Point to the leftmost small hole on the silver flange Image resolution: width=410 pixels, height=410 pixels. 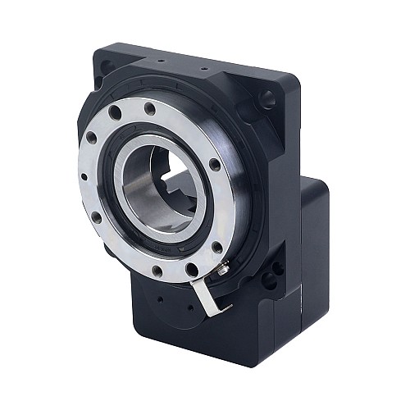(x=86, y=176)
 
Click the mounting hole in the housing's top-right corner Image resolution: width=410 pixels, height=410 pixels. (x=267, y=100)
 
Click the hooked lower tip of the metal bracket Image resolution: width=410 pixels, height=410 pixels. (x=215, y=311)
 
